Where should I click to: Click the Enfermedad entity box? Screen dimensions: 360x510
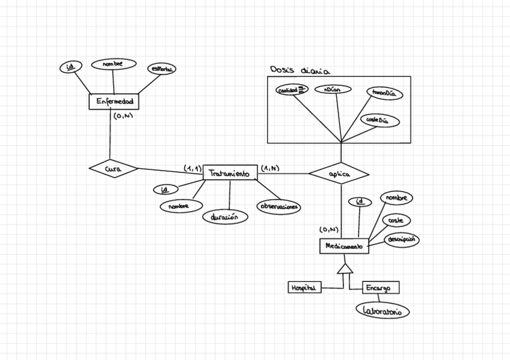pyautogui.click(x=114, y=102)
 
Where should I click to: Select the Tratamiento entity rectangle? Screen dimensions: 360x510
pyautogui.click(x=230, y=173)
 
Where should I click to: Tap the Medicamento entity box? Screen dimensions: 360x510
pyautogui.click(x=343, y=246)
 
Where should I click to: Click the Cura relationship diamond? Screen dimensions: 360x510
pyautogui.click(x=113, y=169)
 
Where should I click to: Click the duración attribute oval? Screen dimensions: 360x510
pyautogui.click(x=226, y=216)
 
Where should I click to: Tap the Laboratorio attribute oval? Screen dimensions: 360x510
pyautogui.click(x=382, y=311)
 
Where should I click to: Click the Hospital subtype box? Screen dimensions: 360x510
pyautogui.click(x=304, y=288)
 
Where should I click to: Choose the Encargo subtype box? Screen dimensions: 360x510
pyautogui.click(x=380, y=288)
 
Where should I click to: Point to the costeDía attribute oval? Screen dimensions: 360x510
pyautogui.click(x=379, y=120)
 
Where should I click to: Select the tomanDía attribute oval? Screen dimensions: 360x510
pyautogui.click(x=384, y=94)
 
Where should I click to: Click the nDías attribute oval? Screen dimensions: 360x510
pyautogui.click(x=332, y=90)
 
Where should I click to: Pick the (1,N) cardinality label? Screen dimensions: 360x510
pyautogui.click(x=270, y=168)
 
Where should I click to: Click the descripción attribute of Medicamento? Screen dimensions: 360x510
pyautogui.click(x=402, y=239)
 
